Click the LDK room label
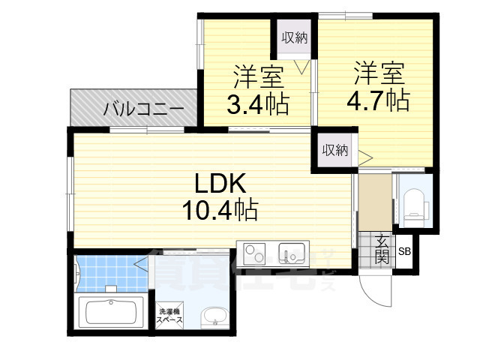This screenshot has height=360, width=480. [x=217, y=184]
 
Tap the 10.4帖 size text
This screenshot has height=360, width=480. [x=219, y=209]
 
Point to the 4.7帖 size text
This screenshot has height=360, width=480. [x=378, y=100]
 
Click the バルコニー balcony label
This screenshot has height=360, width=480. [x=143, y=109]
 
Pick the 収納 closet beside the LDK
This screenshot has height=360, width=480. [x=334, y=150]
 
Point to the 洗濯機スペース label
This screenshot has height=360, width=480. [x=169, y=316]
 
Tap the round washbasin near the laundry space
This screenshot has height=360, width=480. [x=214, y=315]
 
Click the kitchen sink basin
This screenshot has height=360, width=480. [x=289, y=251]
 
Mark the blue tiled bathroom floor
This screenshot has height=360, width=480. [x=105, y=274]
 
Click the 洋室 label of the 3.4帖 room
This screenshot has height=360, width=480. [x=257, y=77]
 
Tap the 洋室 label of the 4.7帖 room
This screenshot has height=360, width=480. [x=378, y=73]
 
